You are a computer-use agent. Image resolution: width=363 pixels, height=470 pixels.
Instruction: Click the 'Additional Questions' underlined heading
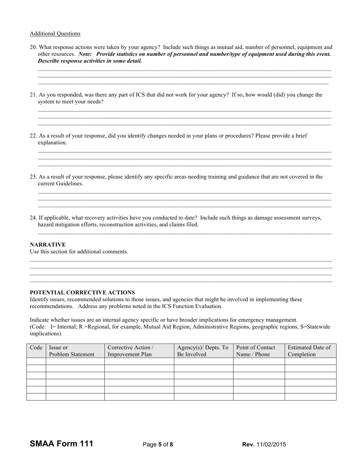[55, 34]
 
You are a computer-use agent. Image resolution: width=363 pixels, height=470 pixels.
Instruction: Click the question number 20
[33, 47]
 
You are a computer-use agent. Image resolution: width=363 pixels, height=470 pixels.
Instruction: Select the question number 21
[33, 95]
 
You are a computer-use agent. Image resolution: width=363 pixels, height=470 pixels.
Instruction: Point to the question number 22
[33, 136]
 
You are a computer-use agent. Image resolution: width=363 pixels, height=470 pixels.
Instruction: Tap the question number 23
[33, 177]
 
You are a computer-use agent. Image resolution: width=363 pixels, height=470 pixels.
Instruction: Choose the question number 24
[33, 218]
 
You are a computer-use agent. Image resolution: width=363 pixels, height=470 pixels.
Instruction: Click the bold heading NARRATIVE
[48, 245]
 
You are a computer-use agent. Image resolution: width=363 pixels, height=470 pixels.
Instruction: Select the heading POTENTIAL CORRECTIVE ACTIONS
[82, 293]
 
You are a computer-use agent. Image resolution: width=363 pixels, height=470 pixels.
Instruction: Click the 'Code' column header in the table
[36, 348]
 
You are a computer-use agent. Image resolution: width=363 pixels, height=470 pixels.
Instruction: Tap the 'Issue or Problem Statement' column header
[72, 351]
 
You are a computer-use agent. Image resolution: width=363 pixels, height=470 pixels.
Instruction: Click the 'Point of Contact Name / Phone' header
[256, 351]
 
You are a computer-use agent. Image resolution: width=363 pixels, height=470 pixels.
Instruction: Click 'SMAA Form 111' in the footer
[61, 444]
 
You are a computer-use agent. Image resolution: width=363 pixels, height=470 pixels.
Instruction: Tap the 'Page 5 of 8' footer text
[158, 444]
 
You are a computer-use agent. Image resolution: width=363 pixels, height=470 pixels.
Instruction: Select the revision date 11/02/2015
[271, 444]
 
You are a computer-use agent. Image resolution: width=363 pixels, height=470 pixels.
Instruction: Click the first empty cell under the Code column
[36, 361]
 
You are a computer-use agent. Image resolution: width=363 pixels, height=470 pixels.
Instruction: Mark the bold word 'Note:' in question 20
[85, 54]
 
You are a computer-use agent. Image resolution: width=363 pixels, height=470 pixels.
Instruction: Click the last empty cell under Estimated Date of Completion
[310, 397]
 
